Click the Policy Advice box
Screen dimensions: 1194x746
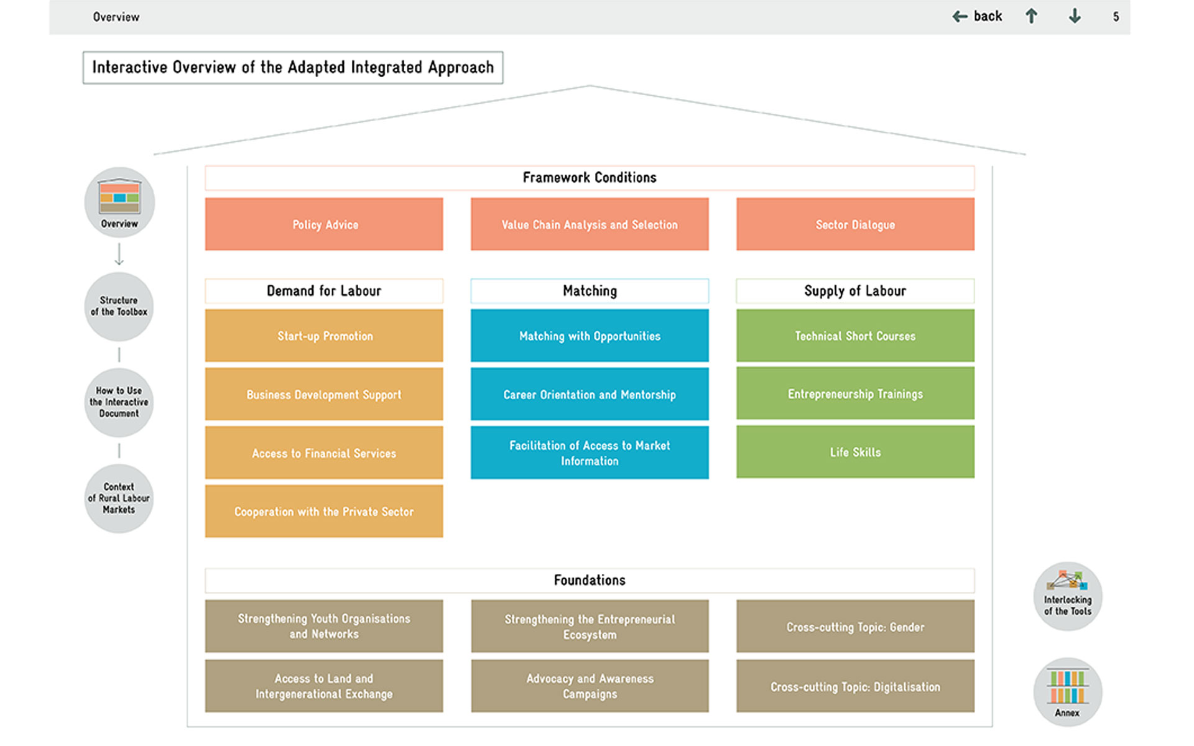pos(324,224)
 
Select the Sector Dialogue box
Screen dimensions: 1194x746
pos(855,224)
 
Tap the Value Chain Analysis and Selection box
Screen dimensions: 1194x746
pos(590,224)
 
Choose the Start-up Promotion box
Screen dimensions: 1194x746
pos(324,335)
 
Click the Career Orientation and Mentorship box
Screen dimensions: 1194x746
pos(590,394)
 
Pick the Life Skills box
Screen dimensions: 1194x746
pos(855,452)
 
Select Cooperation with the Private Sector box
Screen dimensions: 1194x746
pos(324,511)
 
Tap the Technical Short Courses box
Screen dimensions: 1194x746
pos(855,335)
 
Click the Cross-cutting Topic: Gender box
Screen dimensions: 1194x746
pos(855,626)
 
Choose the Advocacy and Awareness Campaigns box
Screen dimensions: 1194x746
pos(590,686)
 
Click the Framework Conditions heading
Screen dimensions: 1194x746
pos(590,178)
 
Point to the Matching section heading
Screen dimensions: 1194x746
pos(590,291)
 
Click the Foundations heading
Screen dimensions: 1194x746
pos(590,580)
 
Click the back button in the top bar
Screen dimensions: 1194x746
pos(977,17)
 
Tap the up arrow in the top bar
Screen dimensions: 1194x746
pos(1031,17)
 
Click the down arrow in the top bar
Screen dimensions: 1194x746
pos(1075,17)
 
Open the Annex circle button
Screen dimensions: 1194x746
pos(1068,692)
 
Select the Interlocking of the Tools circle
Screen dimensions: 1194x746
pos(1068,596)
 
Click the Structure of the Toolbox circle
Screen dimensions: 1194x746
pos(119,306)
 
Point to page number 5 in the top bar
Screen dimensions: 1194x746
pos(1116,17)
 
